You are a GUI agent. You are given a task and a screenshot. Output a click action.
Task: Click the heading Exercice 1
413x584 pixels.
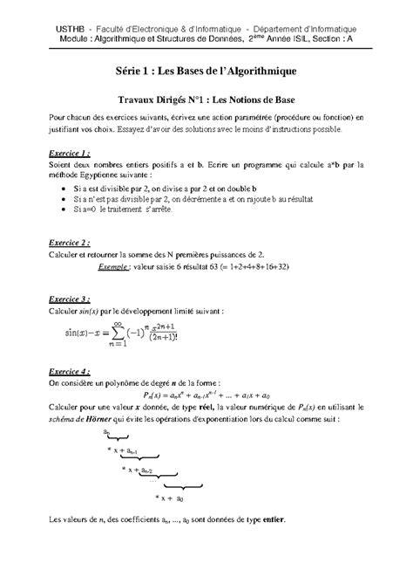[67, 150]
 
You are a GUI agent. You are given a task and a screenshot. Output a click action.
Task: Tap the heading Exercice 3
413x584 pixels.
[67, 298]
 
